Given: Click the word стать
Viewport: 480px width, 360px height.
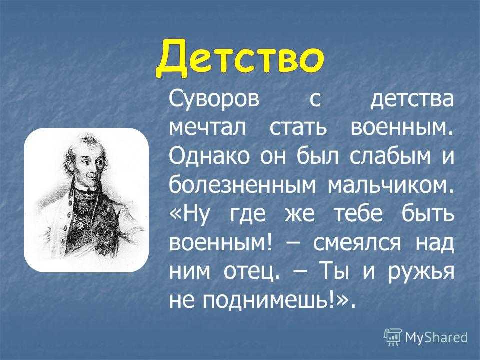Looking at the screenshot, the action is pyautogui.click(x=298, y=128).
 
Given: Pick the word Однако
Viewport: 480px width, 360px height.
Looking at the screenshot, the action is pyautogui.click(x=209, y=156).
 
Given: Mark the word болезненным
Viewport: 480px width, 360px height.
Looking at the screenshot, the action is pyautogui.click(x=242, y=184).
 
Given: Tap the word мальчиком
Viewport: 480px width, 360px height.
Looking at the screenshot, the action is pyautogui.click(x=391, y=185).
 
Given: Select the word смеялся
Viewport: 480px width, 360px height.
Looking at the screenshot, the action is pyautogui.click(x=357, y=243).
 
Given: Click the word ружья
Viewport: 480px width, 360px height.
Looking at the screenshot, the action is pyautogui.click(x=421, y=273).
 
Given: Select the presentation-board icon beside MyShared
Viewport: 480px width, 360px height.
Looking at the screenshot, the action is pyautogui.click(x=393, y=337).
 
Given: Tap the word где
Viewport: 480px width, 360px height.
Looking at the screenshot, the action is pyautogui.click(x=247, y=214).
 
